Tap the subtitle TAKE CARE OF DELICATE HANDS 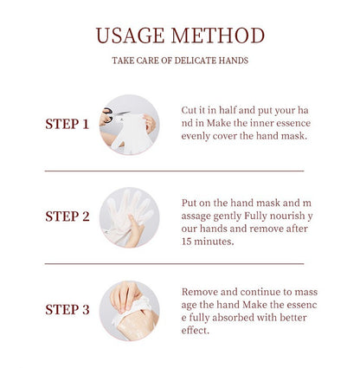tap(180, 61)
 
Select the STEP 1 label tap(67, 124)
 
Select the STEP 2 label tap(67, 216)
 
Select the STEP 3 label tap(67, 309)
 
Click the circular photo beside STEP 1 tap(129, 124)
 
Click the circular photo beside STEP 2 tap(129, 216)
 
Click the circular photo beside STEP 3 tap(129, 309)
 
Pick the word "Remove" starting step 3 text tap(202, 293)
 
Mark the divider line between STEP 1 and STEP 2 tap(174, 171)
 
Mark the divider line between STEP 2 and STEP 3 tap(174, 263)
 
